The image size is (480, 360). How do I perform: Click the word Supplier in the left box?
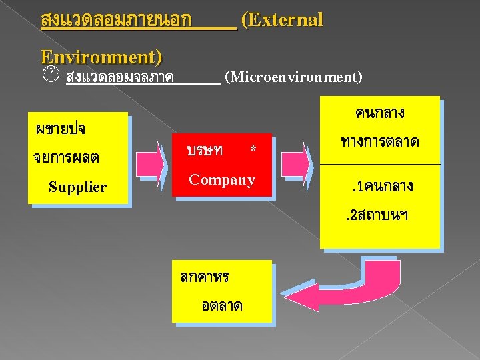(x=77, y=187)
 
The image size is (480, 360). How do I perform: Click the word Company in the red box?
(x=222, y=179)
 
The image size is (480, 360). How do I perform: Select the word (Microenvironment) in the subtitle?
(x=294, y=77)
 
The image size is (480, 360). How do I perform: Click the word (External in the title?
(x=281, y=20)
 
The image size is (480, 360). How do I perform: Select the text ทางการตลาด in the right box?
(x=379, y=141)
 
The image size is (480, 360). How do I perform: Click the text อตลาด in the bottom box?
(x=221, y=305)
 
